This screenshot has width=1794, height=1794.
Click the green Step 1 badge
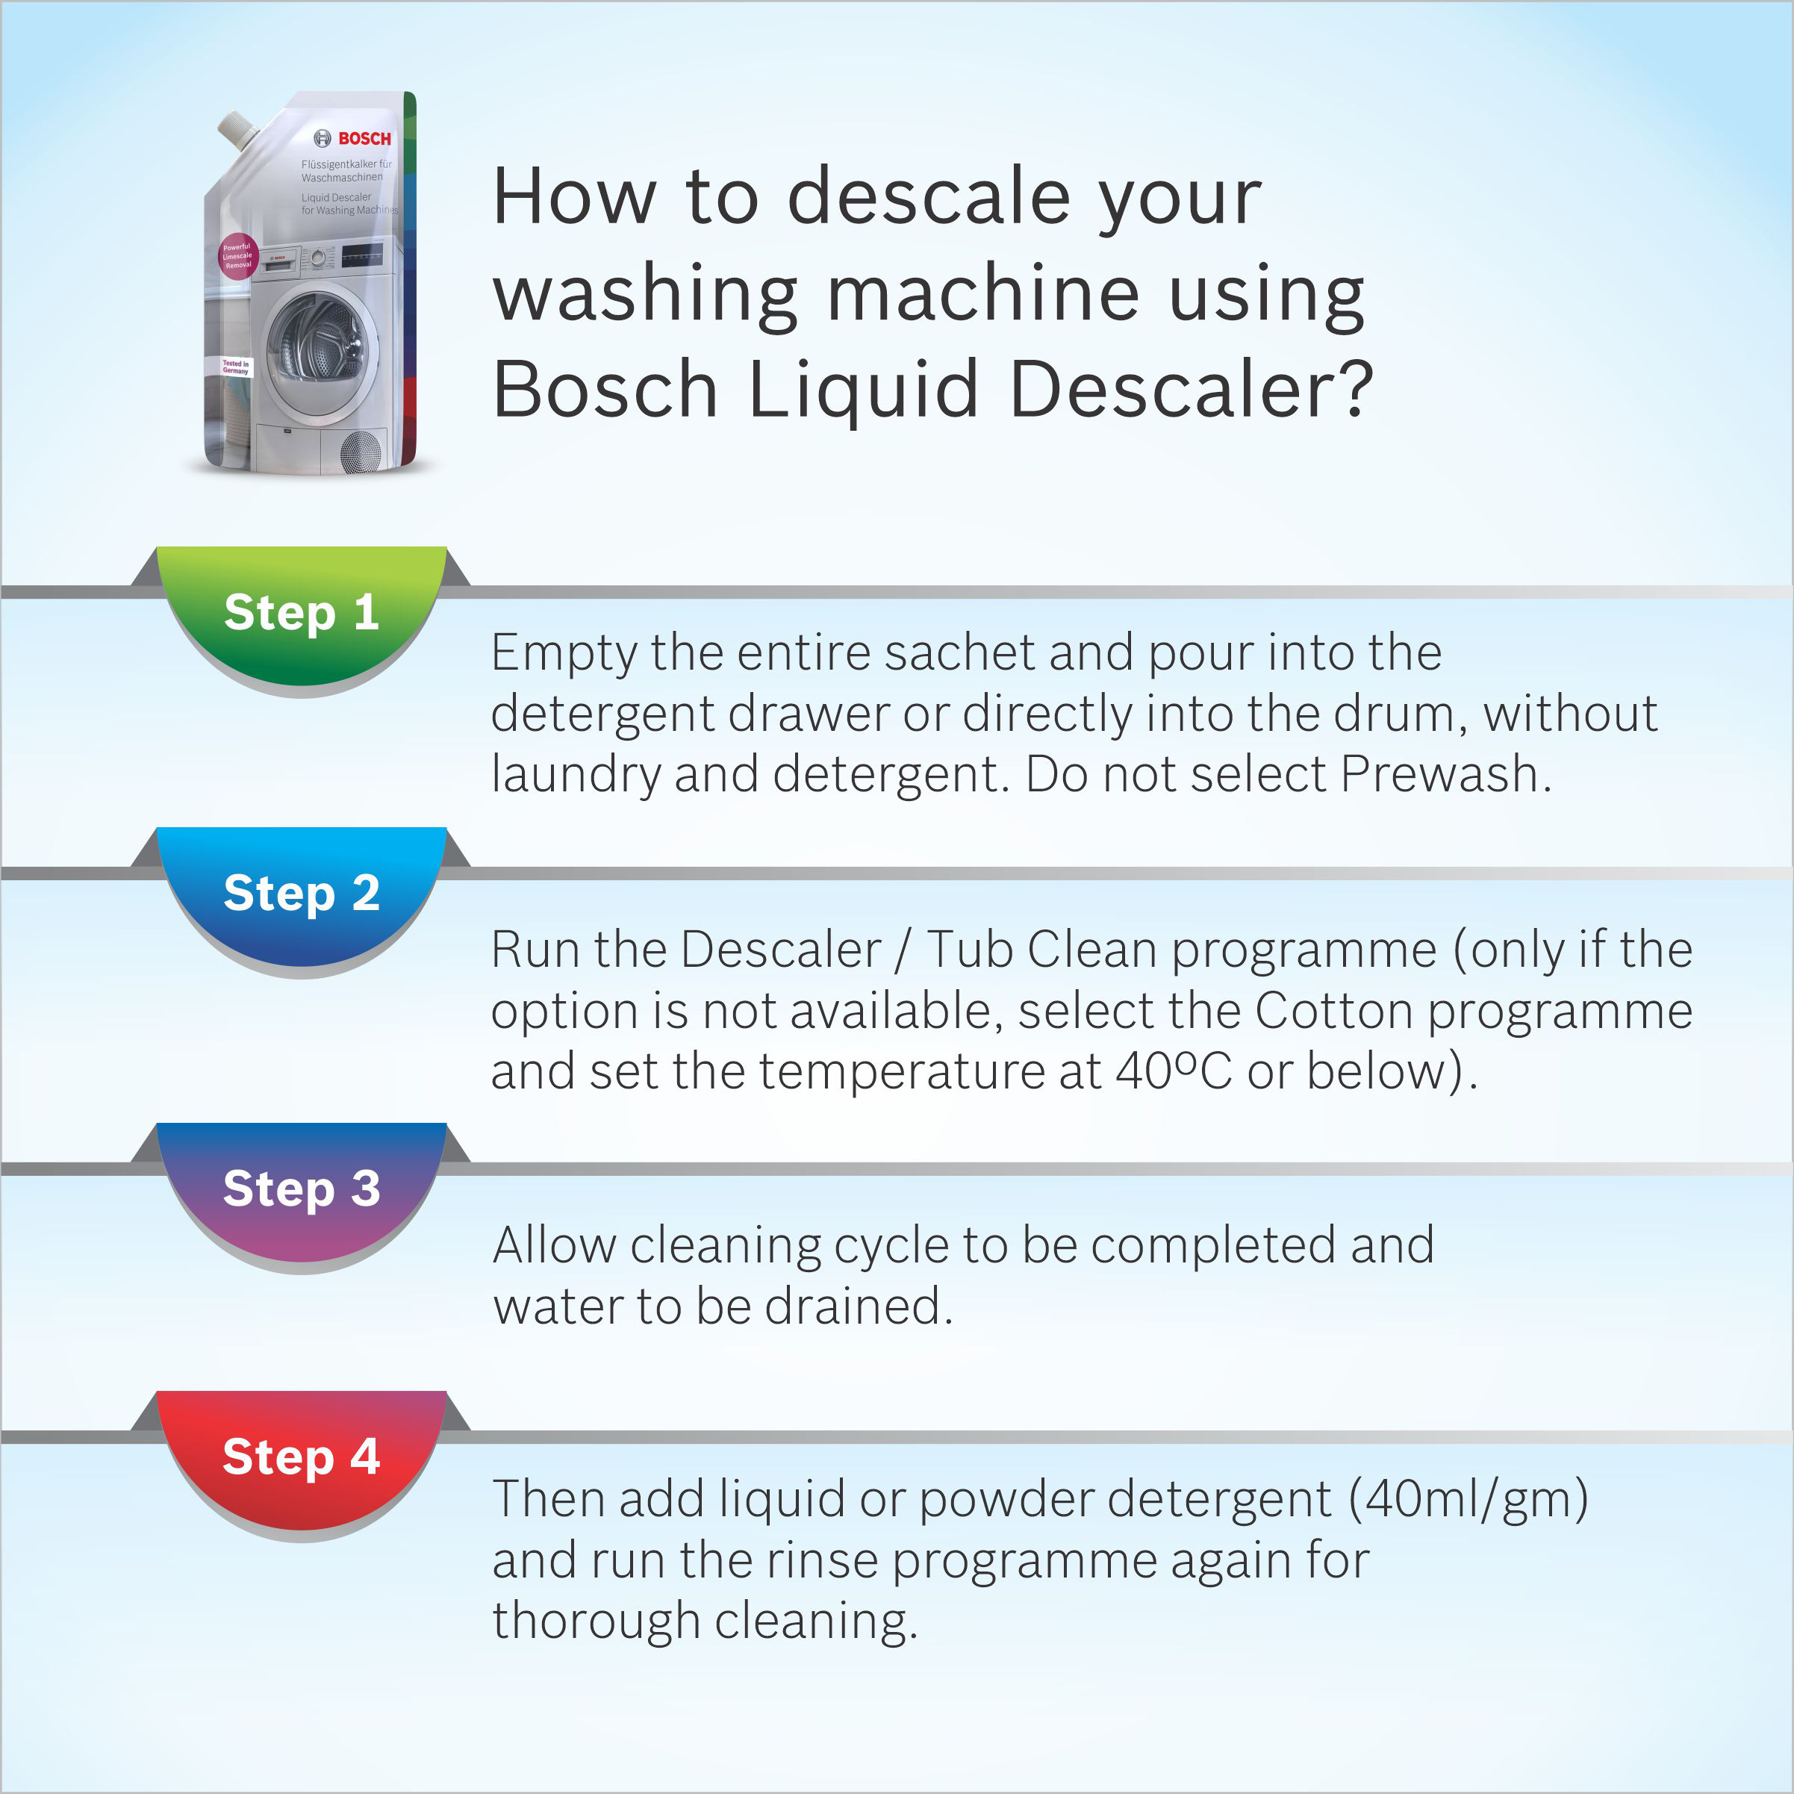click(x=301, y=614)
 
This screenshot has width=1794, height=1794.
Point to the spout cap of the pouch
click(x=237, y=128)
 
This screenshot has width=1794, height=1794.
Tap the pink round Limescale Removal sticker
click(x=237, y=256)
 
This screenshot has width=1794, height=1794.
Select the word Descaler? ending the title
click(x=1192, y=389)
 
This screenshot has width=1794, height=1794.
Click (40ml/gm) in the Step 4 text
click(x=1468, y=1498)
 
